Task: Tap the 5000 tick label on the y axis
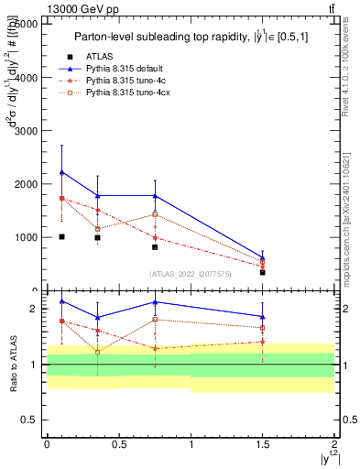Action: pos(26,25)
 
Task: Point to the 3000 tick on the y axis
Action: pos(26,131)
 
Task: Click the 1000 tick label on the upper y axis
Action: pos(26,237)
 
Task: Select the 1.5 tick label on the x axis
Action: pos(263,444)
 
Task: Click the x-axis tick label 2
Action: pos(334,444)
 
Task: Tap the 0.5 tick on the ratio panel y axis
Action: pos(29,420)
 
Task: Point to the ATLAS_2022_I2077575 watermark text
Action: pos(189,273)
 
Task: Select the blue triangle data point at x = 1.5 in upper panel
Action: pos(263,258)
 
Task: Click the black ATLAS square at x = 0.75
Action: pos(155,247)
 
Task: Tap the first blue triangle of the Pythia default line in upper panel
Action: pos(61,172)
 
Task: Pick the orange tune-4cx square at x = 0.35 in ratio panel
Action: pos(97,352)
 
